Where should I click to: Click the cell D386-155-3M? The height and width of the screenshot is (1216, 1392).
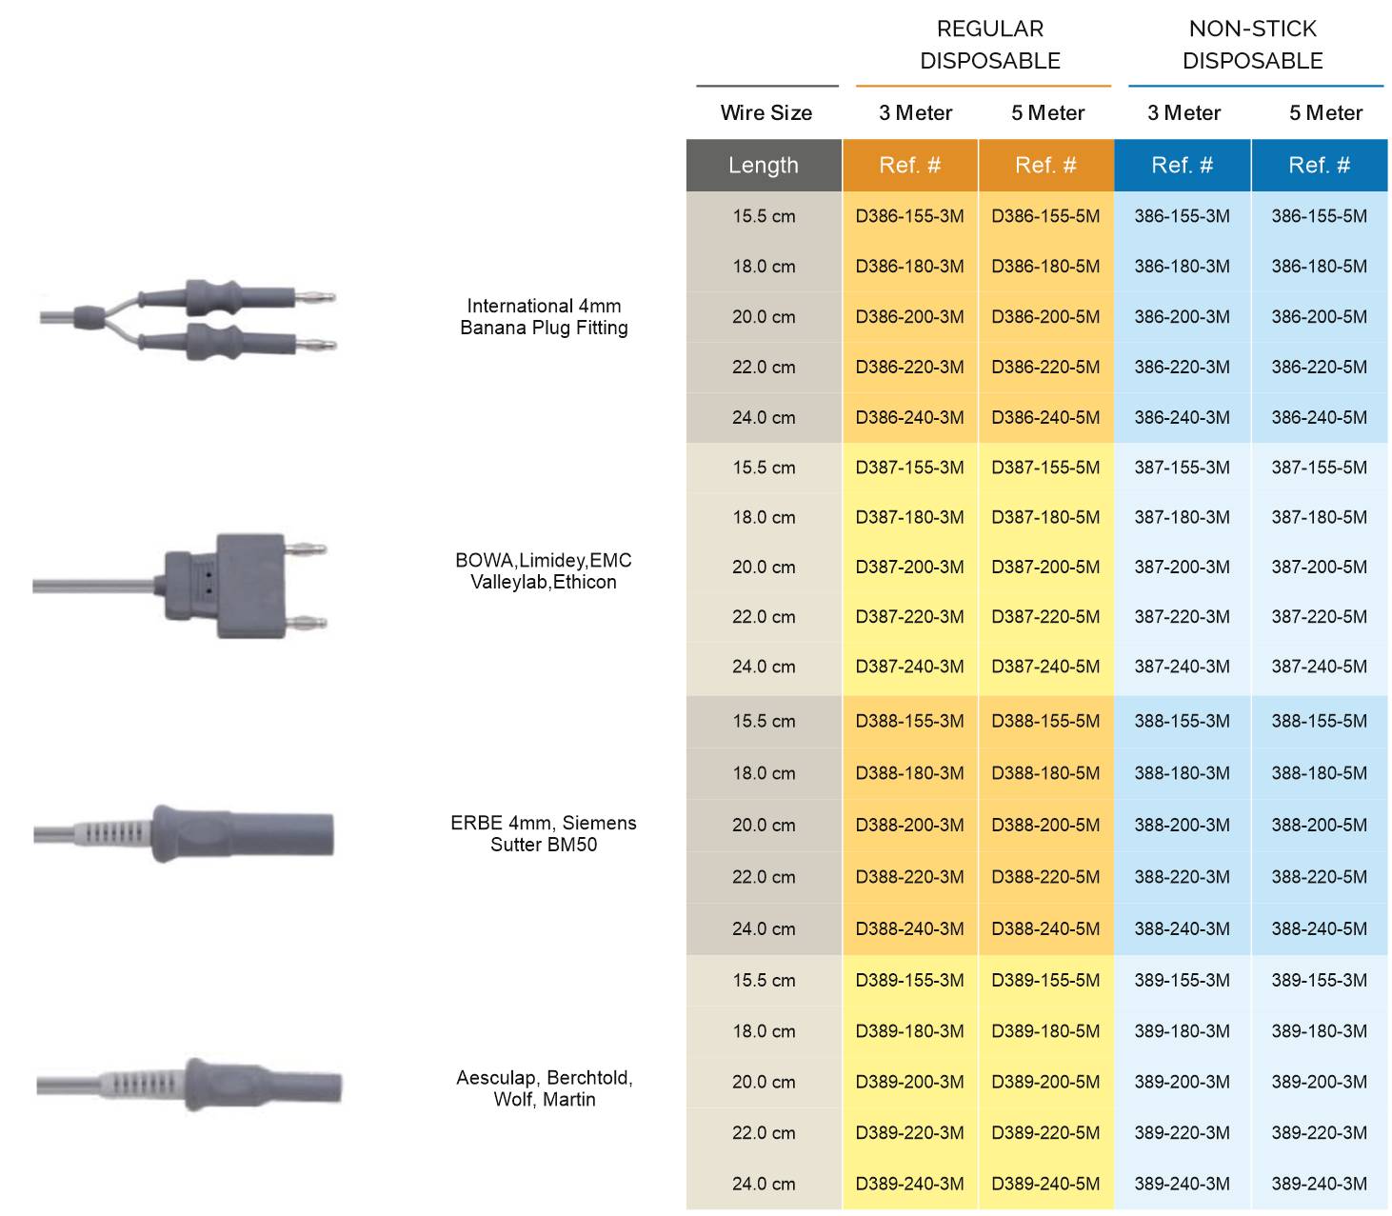[x=909, y=216]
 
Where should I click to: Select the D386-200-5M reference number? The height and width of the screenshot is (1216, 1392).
[x=1045, y=317]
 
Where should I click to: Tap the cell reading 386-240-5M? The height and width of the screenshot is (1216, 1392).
[x=1319, y=417]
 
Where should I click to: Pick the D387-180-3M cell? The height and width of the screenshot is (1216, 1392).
[x=909, y=517]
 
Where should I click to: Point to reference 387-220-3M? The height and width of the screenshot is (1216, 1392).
[x=1182, y=616]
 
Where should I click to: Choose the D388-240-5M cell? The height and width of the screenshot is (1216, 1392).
[x=1045, y=928]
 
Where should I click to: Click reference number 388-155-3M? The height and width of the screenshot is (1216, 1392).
[x=1182, y=721]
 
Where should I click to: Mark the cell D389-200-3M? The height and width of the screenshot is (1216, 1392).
[x=909, y=1082]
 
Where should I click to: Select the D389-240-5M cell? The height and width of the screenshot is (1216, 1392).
[x=1045, y=1184]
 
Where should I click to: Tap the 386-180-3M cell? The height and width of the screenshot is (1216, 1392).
[x=1182, y=267]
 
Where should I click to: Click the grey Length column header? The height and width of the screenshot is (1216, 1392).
[x=764, y=166]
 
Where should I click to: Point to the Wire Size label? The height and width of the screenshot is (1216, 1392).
[x=766, y=113]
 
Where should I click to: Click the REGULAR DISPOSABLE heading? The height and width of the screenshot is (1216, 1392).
[x=990, y=45]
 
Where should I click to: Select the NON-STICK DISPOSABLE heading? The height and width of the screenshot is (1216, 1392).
[x=1253, y=45]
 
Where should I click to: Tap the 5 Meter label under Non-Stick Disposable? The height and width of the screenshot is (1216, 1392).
[x=1325, y=113]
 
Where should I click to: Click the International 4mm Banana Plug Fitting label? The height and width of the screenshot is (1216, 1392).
[x=544, y=317]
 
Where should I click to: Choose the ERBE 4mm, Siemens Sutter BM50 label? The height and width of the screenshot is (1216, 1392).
[x=544, y=833]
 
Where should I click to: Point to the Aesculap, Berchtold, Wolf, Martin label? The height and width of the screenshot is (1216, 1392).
[x=545, y=1088]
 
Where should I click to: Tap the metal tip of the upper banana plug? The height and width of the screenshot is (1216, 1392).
[x=314, y=297]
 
